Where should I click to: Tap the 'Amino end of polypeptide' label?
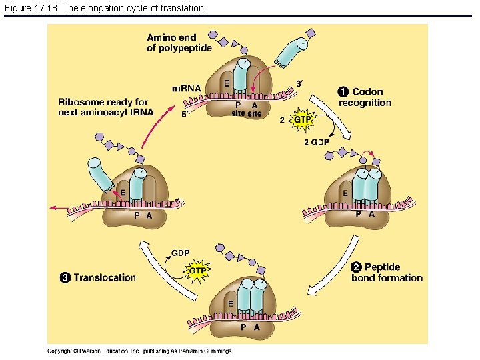coord(179,43)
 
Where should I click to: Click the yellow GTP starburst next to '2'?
coord(302,120)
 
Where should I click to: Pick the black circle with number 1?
coord(343,92)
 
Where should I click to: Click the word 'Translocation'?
coord(105,277)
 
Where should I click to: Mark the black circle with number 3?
coord(65,277)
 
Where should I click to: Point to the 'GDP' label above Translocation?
coord(181,253)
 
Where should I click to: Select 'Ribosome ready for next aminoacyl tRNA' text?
coord(105,107)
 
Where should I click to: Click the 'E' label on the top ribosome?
coord(227,83)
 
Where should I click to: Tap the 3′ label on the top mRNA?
coord(299,83)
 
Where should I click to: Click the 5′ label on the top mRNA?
coord(185,114)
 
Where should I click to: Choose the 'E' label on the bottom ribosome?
coord(231,303)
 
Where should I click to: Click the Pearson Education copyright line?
coord(139,351)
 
